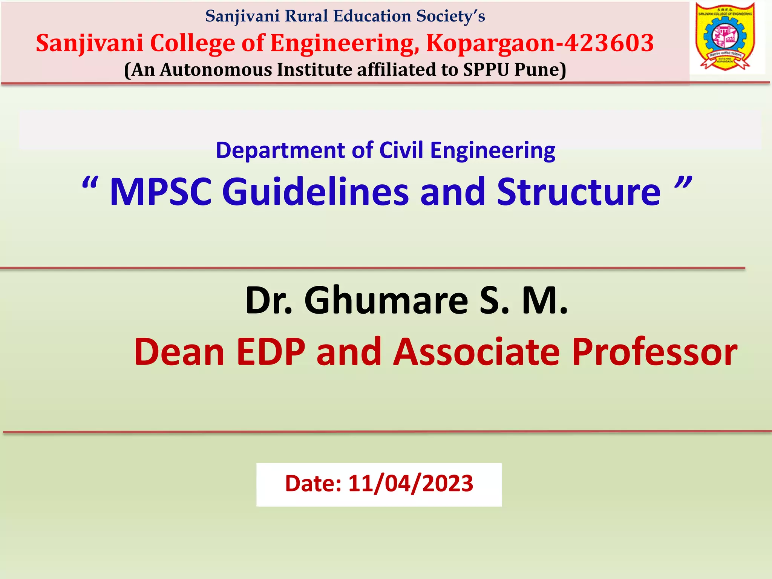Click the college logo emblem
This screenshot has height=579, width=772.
(x=726, y=37)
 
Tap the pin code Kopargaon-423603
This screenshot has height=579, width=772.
(x=540, y=43)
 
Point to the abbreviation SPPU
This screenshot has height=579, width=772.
(x=486, y=70)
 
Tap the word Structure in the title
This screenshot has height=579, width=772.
(x=579, y=192)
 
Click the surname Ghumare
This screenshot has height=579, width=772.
(x=386, y=300)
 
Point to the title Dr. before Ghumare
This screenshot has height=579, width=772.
(x=269, y=300)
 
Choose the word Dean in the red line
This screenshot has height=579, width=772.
(x=179, y=352)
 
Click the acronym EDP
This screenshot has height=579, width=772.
(x=271, y=352)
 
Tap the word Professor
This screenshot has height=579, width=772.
(x=654, y=352)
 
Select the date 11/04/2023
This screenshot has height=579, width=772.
(x=411, y=484)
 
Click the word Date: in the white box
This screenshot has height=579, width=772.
(x=313, y=484)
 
